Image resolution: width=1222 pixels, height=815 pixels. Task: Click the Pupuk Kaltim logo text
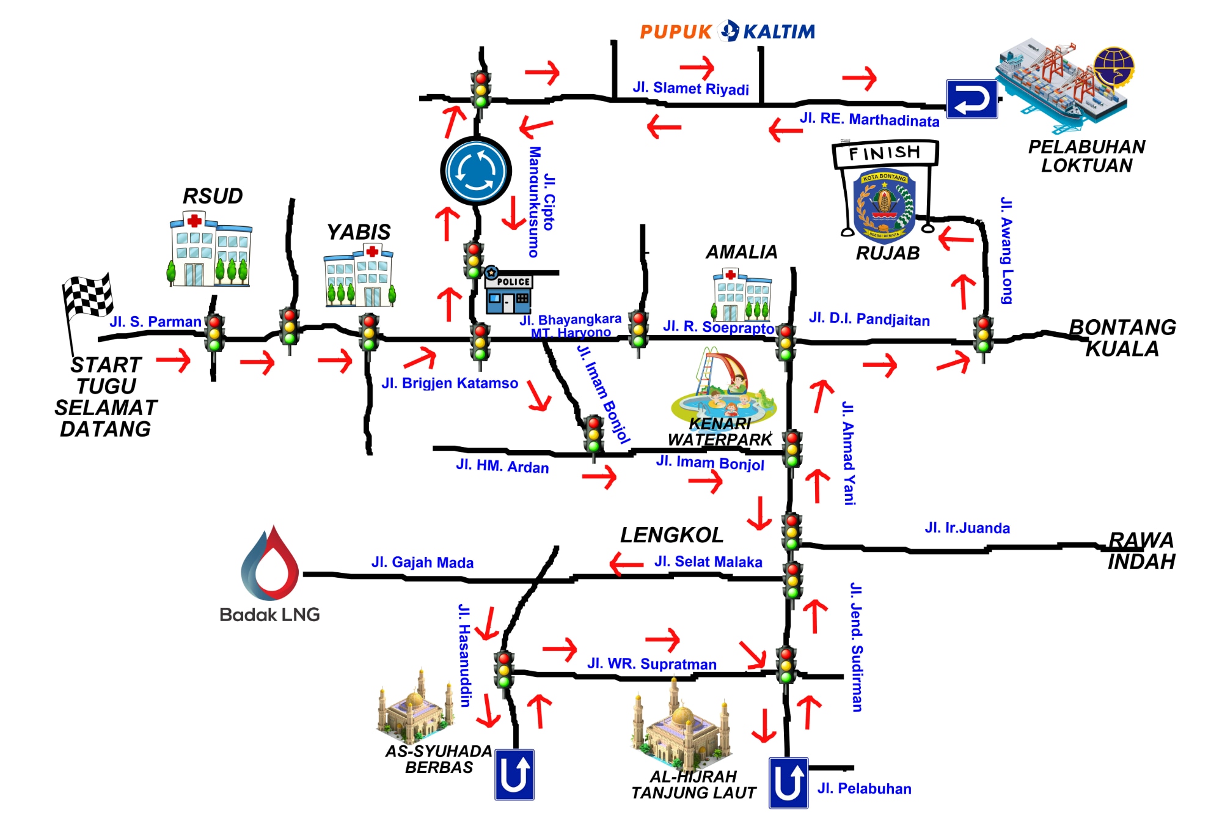[727, 31]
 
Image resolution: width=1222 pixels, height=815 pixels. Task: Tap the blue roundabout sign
[476, 171]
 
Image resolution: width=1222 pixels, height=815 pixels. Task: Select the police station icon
[508, 292]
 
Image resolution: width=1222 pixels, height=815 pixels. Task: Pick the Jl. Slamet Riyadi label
[690, 89]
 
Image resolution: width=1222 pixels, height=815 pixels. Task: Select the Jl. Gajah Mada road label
[422, 562]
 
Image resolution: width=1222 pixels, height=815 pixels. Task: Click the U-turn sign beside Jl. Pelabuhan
[788, 783]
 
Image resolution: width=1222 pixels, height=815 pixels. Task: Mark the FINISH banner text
[884, 153]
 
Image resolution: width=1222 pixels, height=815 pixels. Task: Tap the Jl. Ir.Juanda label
[967, 528]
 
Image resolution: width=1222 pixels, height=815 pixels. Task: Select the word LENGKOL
[671, 536]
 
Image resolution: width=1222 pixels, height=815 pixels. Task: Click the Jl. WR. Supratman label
[652, 664]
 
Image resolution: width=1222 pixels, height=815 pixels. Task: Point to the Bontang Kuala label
[1122, 338]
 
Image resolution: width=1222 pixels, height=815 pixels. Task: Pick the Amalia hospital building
[742, 295]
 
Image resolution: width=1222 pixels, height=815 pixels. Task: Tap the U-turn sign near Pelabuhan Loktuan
[971, 99]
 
